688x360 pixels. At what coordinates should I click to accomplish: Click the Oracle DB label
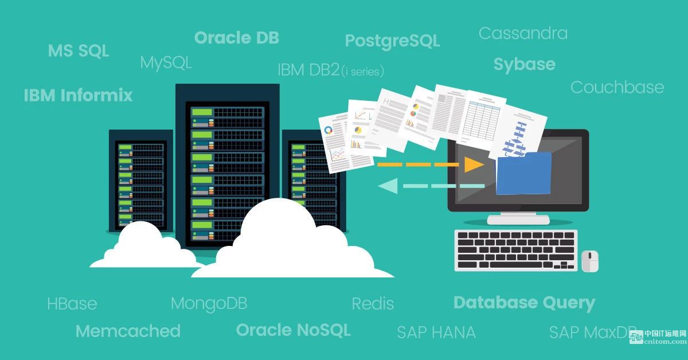coord(236,38)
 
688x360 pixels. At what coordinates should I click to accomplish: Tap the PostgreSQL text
coord(393,41)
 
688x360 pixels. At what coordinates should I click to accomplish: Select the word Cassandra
coord(523,33)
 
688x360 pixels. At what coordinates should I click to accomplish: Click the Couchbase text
coord(617,87)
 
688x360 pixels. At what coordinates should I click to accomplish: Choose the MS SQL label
coord(79,50)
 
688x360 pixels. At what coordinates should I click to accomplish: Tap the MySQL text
coord(166,63)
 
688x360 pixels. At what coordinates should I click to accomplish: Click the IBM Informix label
coord(78,95)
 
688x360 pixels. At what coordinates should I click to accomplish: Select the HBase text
coord(72,303)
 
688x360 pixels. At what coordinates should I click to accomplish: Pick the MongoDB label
coord(209,304)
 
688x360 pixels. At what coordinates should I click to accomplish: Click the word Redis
coord(373,304)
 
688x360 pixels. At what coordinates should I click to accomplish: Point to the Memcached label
coord(128,331)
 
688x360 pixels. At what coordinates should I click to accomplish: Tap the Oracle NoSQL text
coord(294,330)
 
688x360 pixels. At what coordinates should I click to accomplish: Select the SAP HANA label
coord(436,332)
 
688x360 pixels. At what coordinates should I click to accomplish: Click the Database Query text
coord(524,303)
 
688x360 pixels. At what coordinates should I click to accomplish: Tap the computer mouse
coord(590,261)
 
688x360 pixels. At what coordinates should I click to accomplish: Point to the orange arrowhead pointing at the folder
coord(474,165)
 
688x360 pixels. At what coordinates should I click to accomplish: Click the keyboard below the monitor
coord(516,251)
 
